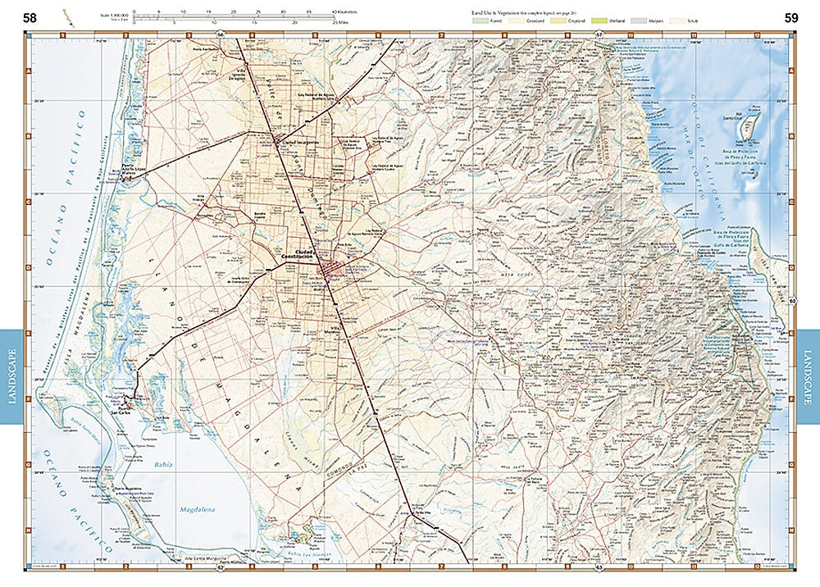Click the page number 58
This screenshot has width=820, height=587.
click(30, 17)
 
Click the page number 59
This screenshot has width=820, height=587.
click(790, 17)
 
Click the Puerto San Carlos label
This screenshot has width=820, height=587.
click(119, 411)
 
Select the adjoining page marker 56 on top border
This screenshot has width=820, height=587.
click(221, 34)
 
